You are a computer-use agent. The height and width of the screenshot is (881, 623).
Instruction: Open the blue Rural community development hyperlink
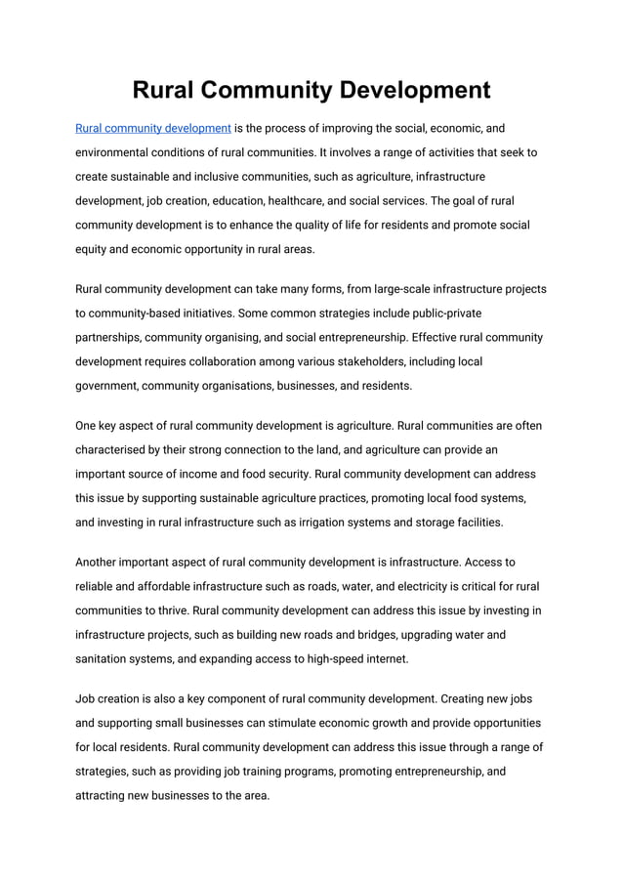click(153, 128)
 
